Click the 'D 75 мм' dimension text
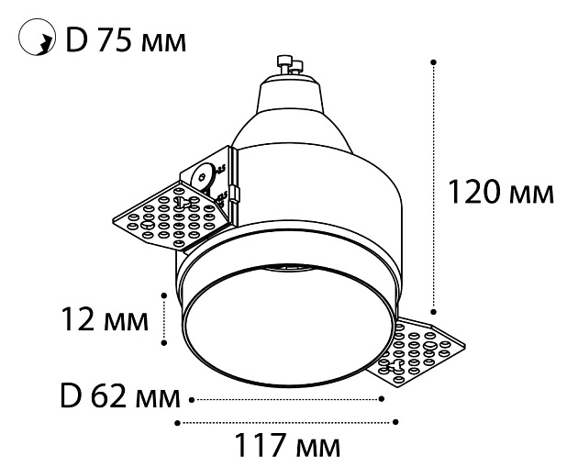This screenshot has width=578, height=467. point(125,40)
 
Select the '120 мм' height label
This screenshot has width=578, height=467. point(500,193)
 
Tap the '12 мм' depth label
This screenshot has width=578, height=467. point(103,320)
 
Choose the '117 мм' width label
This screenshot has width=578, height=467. point(287,447)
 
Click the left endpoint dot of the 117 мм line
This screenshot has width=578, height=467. point(177,422)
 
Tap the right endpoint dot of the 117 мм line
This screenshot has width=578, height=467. point(396,422)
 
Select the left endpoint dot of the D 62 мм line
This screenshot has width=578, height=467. point(192,399)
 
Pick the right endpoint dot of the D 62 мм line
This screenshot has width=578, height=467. point(381,399)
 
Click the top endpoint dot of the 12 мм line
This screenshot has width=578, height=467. point(164,295)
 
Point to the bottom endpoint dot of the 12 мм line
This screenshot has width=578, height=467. point(164,343)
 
